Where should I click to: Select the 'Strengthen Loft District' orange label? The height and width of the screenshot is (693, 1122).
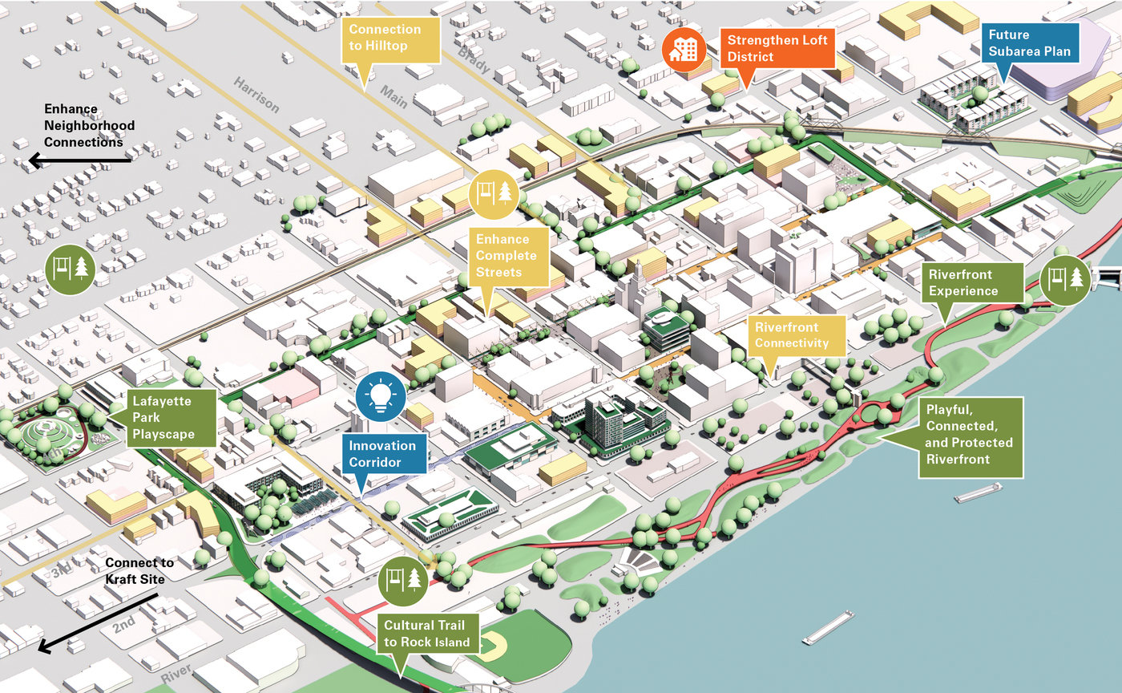[x=777, y=48]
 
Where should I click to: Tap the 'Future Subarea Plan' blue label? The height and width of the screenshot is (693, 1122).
[x=1029, y=43]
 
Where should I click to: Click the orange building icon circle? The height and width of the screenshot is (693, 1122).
[x=684, y=50]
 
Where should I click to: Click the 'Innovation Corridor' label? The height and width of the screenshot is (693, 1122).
[x=384, y=454]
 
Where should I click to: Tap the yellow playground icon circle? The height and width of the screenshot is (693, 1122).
[x=494, y=195]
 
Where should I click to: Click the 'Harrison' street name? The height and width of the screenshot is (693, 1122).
[x=257, y=94]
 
